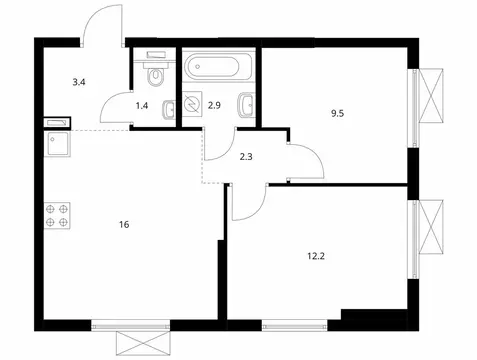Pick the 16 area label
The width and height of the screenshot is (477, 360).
[123, 225]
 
